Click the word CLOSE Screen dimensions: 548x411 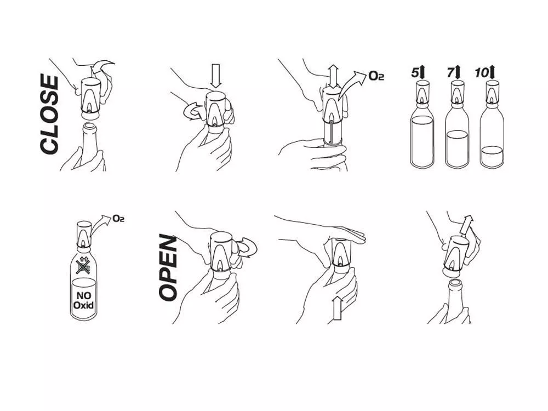coord(49,115)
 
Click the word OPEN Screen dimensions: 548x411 coord(168,267)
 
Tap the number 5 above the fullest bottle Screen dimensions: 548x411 coord(415,73)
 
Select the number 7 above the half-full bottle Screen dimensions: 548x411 coord(451,73)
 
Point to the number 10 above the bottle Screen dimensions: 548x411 coord(482,73)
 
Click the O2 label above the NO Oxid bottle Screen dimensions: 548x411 coord(118,219)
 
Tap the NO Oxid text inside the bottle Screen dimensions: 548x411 coord(83,300)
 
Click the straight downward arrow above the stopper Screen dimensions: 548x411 coord(216,76)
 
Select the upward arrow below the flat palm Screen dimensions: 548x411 coord(337,308)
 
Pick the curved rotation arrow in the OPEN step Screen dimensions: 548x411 coord(248,248)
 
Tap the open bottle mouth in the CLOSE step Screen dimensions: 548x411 coord(89,126)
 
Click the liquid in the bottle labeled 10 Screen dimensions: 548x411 coord(492,156)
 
